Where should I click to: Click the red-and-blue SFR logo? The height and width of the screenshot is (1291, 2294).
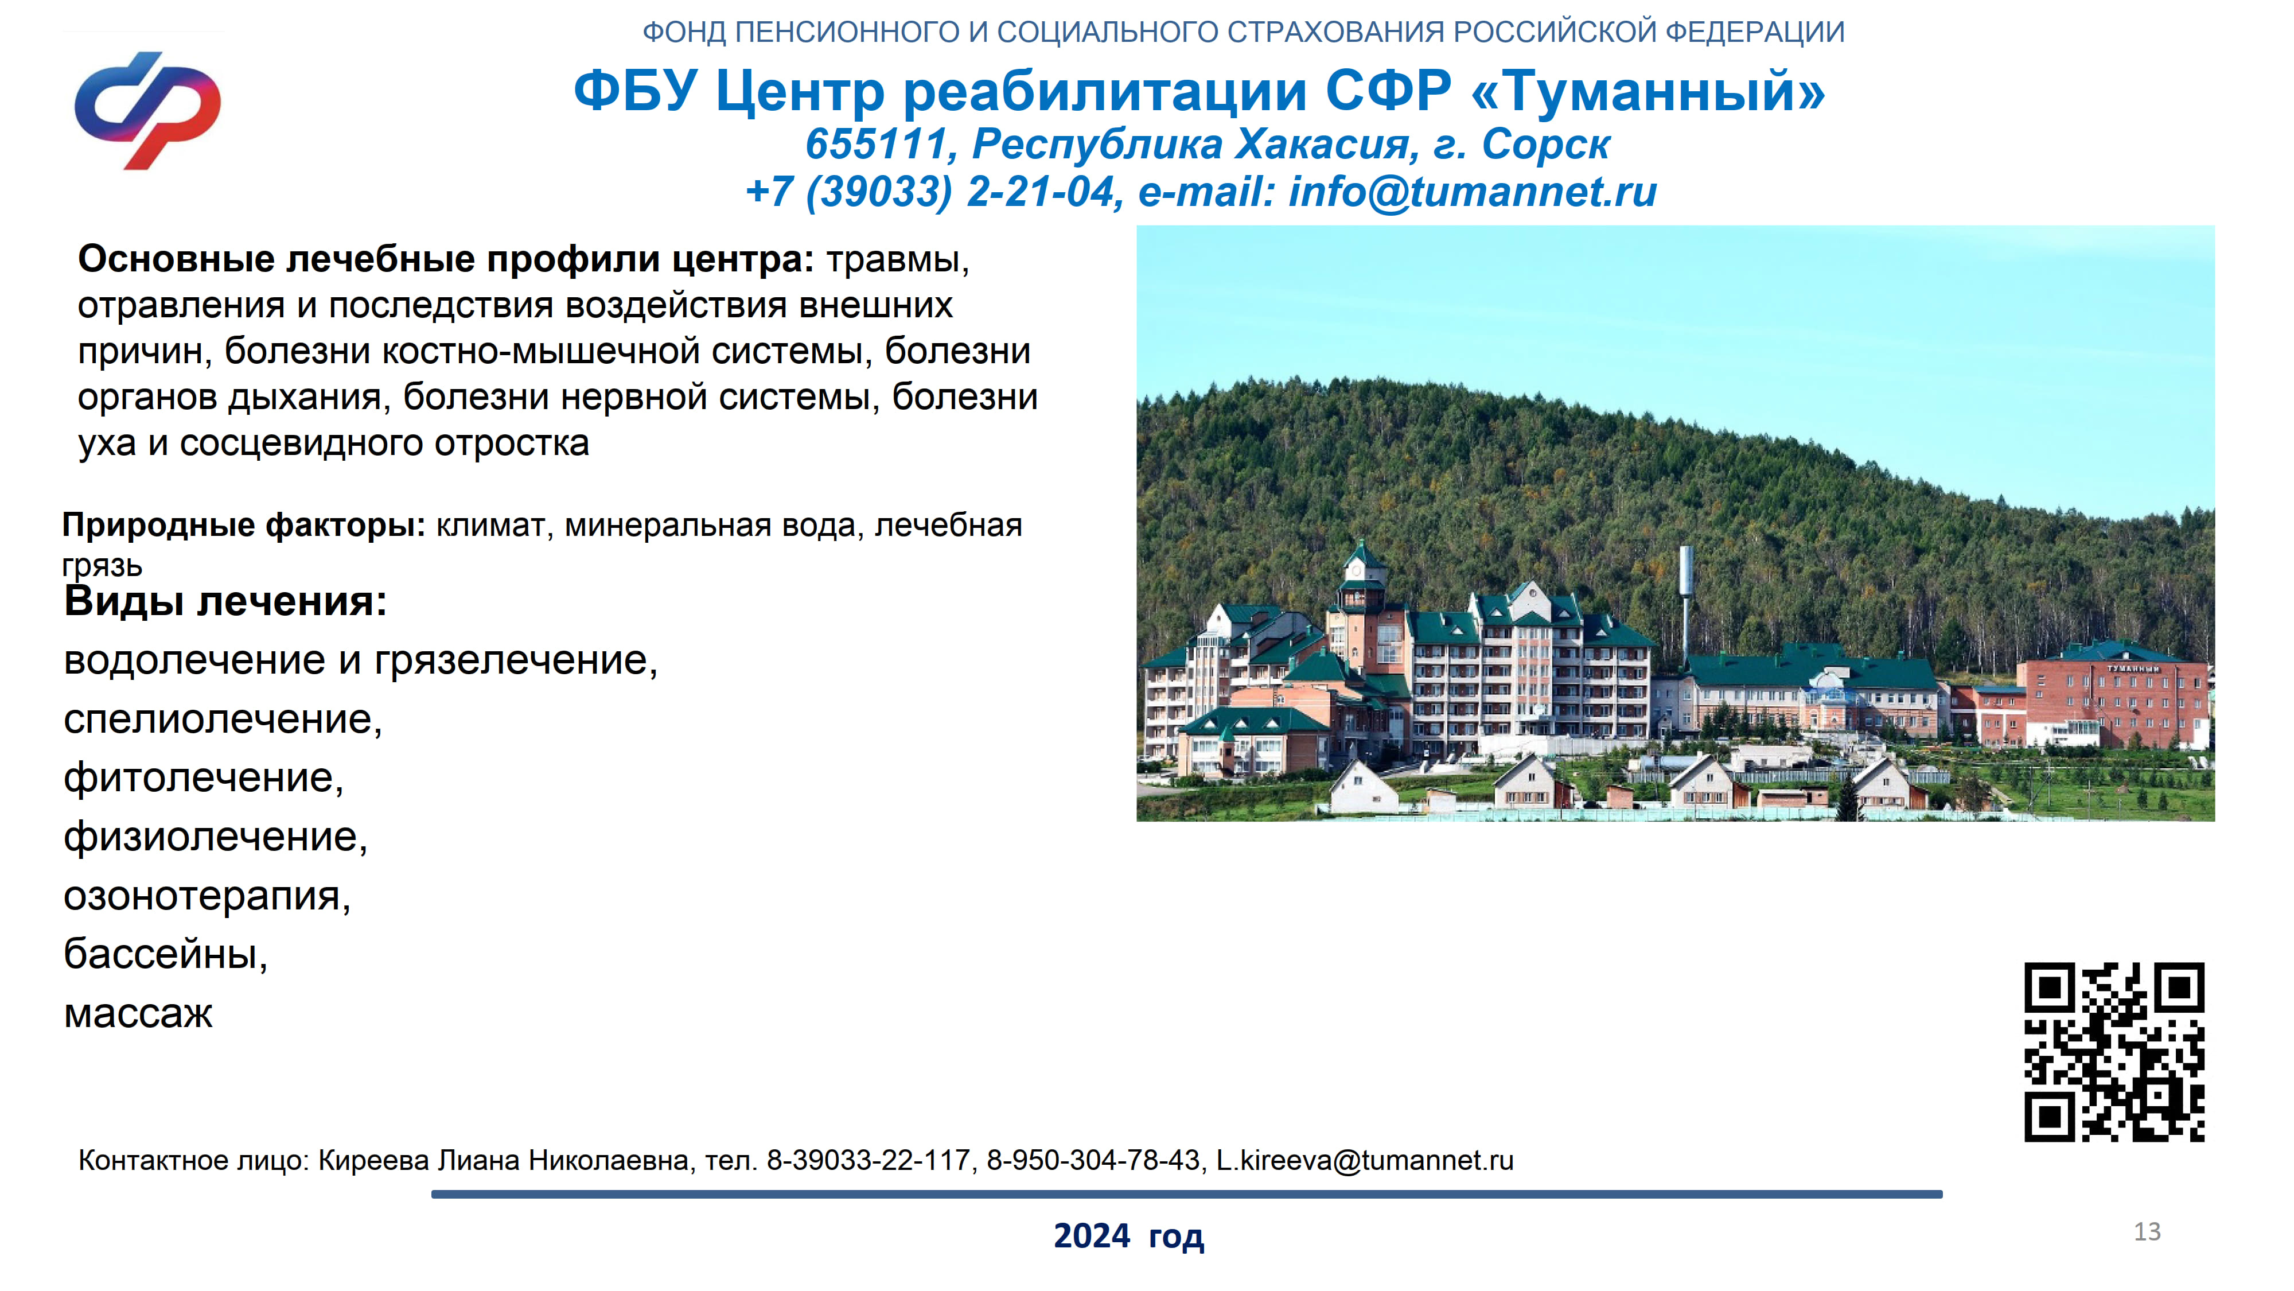148,111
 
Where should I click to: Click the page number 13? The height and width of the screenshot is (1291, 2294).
2147,1231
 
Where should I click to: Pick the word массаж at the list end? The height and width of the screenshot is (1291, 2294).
138,1014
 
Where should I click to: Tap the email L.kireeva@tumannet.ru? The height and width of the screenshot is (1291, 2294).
1365,1160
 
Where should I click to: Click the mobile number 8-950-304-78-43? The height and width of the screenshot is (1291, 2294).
1093,1160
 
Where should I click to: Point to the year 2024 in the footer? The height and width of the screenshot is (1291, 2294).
1092,1236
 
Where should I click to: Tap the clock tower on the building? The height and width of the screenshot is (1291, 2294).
1362,584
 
